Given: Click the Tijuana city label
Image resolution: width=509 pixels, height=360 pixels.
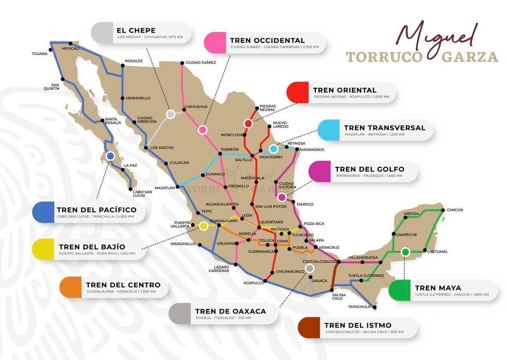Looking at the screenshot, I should click(x=39, y=54).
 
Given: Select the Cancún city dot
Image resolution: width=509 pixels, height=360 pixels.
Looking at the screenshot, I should click(x=443, y=210).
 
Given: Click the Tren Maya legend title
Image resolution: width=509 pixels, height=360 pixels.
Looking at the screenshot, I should click(x=438, y=287).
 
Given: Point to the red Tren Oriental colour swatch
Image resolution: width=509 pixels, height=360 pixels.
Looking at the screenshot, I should click(x=297, y=93).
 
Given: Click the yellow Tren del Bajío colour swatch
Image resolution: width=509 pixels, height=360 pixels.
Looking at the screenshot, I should click(x=44, y=249).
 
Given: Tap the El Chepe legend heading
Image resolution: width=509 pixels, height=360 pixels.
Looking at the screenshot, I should click(x=136, y=31).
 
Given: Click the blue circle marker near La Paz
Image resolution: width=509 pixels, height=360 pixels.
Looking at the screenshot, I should click(x=110, y=156).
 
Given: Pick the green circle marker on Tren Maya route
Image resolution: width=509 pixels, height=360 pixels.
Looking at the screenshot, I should click(x=405, y=252).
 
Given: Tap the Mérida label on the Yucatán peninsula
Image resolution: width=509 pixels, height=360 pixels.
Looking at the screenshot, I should click(x=411, y=213).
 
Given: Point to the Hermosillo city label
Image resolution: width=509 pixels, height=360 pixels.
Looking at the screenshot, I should click(x=138, y=98).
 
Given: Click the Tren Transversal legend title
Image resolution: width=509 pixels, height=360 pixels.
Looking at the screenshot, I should click(x=384, y=127).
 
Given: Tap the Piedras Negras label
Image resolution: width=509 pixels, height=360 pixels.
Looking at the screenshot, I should click(x=267, y=108).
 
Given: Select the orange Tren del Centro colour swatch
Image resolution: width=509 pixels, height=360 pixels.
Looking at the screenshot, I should click(x=70, y=287).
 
